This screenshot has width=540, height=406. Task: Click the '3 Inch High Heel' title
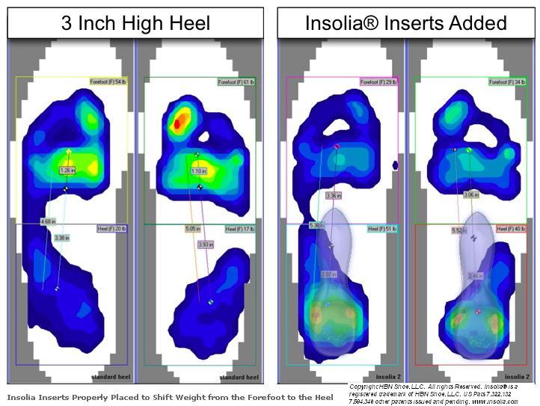coord(135,22)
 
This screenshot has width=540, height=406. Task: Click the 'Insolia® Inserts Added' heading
coord(405,22)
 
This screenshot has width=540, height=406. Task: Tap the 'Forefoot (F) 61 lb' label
coord(238,80)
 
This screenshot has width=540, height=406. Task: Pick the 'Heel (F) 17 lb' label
coord(241,228)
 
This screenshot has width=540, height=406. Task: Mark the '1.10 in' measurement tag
coord(197,171)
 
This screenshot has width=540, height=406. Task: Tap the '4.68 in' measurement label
coord(49,221)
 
